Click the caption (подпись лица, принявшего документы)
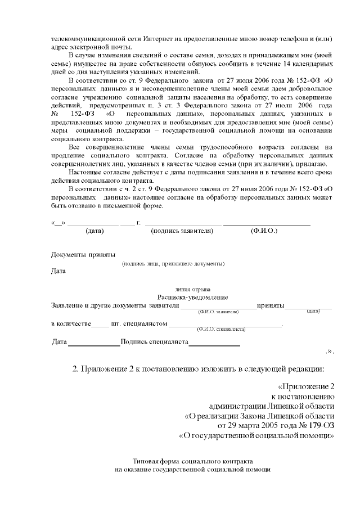click(x=174, y=263)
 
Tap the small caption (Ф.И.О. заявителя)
click(x=219, y=311)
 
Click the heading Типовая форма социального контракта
click(x=192, y=460)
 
